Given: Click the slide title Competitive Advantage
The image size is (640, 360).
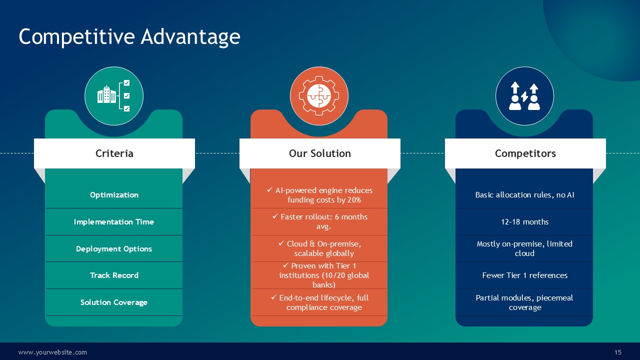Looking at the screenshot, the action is [129, 37].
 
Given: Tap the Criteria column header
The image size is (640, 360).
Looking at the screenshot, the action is [114, 153].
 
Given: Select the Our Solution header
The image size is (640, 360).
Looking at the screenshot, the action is [319, 153].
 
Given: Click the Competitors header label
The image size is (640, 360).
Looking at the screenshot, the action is [525, 153].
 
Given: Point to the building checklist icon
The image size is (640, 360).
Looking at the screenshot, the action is [113, 95].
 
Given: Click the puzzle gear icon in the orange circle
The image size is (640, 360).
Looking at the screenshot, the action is [319, 95].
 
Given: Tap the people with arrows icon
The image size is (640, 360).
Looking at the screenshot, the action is [524, 96].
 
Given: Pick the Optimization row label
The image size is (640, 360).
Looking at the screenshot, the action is [114, 195].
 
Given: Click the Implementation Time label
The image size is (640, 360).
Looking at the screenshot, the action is [114, 221].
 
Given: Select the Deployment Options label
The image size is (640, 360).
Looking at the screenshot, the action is [114, 249].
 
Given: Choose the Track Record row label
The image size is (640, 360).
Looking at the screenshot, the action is [114, 275].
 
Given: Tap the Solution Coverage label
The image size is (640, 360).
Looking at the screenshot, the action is [114, 302].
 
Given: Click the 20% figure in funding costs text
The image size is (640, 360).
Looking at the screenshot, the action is [354, 199].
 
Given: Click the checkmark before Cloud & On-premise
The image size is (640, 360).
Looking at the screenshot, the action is [281, 243].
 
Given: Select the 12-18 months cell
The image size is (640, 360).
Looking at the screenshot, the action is [524, 221].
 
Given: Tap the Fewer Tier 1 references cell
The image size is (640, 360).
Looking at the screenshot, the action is [524, 275].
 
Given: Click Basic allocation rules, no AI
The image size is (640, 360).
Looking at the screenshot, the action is [524, 195].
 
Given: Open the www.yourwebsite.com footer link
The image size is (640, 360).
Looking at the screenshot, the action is [52, 352].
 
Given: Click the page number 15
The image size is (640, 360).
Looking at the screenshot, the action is [617, 352].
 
